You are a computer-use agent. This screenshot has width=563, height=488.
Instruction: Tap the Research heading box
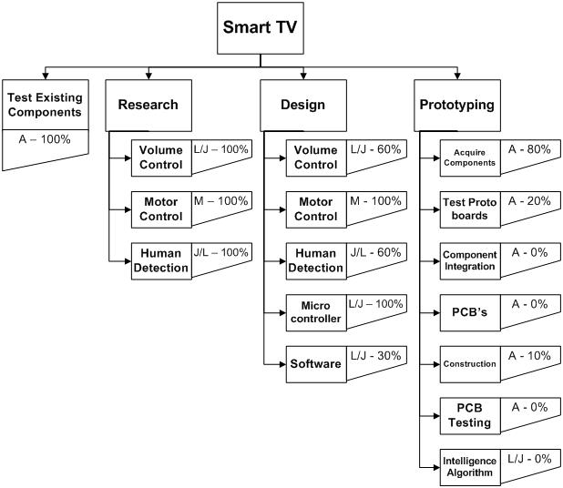click(147, 105)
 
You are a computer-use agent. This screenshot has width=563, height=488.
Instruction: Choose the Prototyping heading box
click(456, 105)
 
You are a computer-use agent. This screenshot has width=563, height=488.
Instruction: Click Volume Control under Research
click(159, 157)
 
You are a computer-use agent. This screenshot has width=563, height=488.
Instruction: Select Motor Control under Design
click(316, 208)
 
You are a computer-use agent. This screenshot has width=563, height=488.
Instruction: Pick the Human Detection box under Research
click(159, 260)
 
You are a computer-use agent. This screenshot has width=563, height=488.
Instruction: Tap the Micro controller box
click(316, 312)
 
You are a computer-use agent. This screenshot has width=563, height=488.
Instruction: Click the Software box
click(316, 363)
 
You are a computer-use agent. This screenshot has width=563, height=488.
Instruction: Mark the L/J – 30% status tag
click(375, 357)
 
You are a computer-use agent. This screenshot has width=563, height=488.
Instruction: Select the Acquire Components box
click(469, 157)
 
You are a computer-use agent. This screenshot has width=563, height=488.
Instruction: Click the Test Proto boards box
click(469, 208)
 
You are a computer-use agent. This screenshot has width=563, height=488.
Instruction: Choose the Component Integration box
click(469, 260)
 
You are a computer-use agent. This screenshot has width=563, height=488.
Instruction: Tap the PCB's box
click(469, 312)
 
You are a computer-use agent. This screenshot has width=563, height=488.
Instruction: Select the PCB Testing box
click(469, 415)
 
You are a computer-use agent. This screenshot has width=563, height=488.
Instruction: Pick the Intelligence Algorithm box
click(469, 466)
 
